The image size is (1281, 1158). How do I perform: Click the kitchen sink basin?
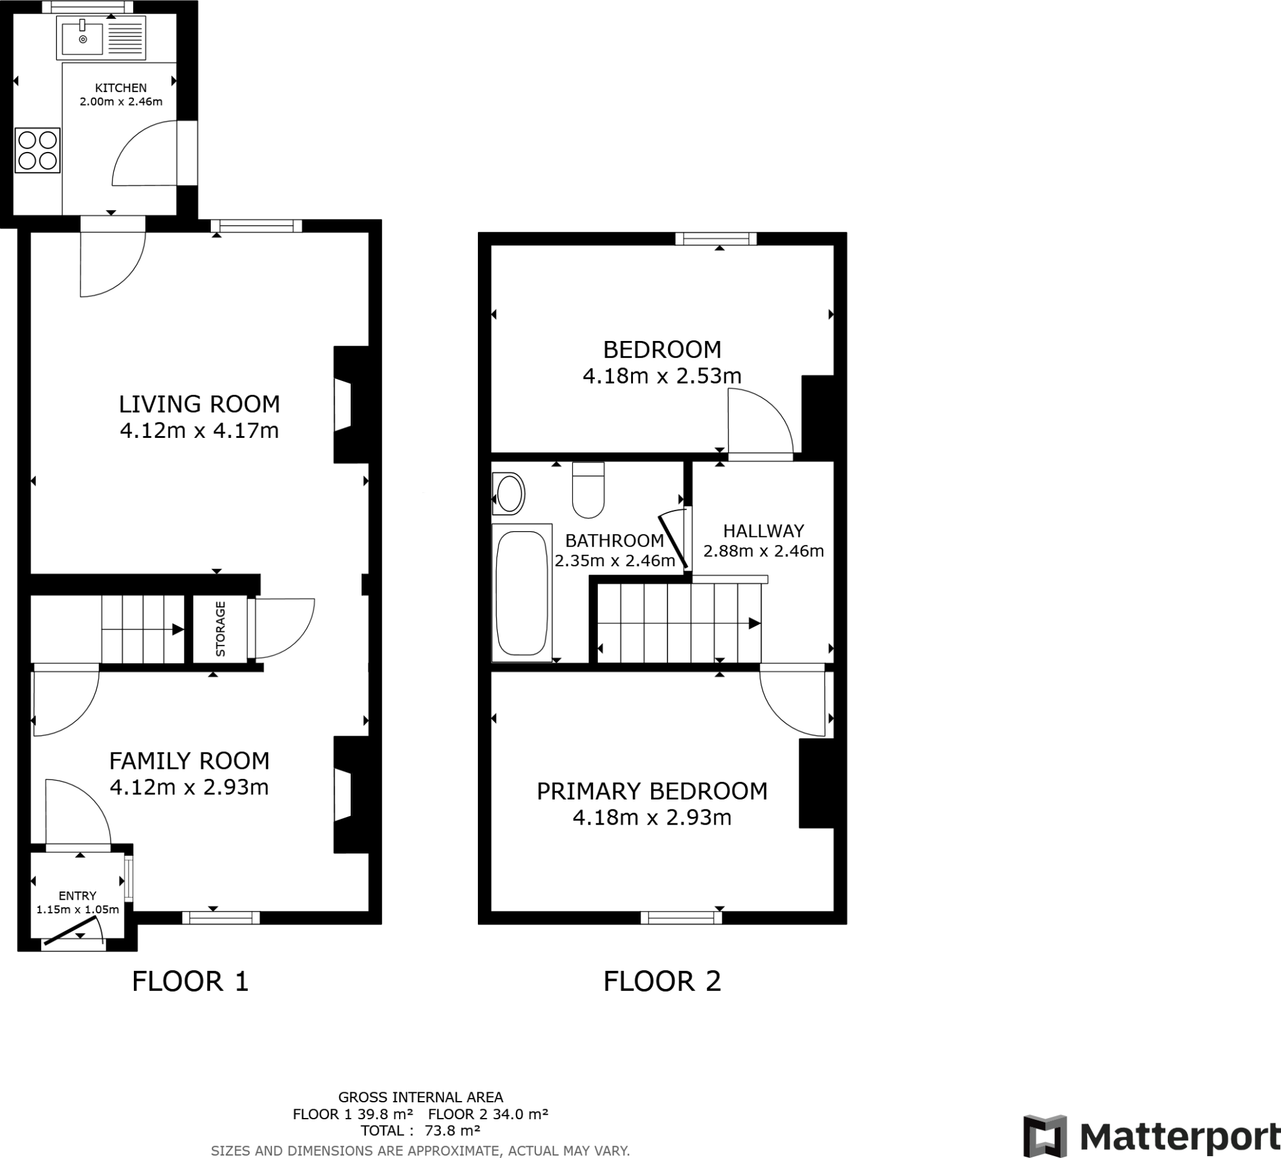[x=82, y=37]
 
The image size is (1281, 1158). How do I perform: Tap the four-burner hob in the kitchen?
[x=38, y=151]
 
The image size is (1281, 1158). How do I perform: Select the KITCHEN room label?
[x=121, y=88]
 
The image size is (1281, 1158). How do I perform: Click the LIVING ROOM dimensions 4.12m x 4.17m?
[x=199, y=431]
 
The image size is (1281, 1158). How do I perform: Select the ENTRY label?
[x=78, y=895]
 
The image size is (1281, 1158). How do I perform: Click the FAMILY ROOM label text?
[x=190, y=761]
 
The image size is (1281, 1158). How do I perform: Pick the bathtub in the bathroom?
[x=522, y=593]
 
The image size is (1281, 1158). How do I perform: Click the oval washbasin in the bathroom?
[x=509, y=494]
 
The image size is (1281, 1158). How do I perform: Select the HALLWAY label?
[x=763, y=531]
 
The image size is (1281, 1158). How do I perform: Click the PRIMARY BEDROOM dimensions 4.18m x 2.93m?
[x=652, y=817]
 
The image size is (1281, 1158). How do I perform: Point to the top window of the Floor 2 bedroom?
[x=716, y=239]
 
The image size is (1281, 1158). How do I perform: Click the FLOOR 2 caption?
[x=662, y=982]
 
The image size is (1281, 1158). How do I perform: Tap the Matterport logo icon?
[x=1045, y=1135]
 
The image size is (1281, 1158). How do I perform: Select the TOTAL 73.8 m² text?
[x=420, y=1130]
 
